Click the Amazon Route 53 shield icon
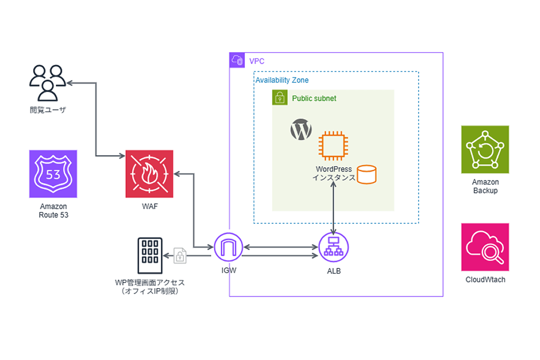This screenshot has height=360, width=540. tap(53, 174)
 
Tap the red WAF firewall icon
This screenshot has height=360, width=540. tap(149, 174)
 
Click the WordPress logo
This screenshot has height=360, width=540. tap(301, 130)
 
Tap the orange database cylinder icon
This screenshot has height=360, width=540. tap(366, 175)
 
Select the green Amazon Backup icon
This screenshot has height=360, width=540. tap(485, 149)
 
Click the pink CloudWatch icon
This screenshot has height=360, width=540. tap(485, 247)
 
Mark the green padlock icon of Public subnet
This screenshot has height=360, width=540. tap(280, 98)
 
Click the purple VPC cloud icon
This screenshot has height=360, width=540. tap(237, 60)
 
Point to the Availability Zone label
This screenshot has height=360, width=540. tap(282, 80)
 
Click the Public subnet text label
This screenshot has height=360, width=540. tap(314, 98)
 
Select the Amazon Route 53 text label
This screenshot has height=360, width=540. tap(54, 211)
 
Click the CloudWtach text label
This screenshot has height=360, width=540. tap(485, 279)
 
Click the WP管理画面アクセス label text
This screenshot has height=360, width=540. tap(150, 283)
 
